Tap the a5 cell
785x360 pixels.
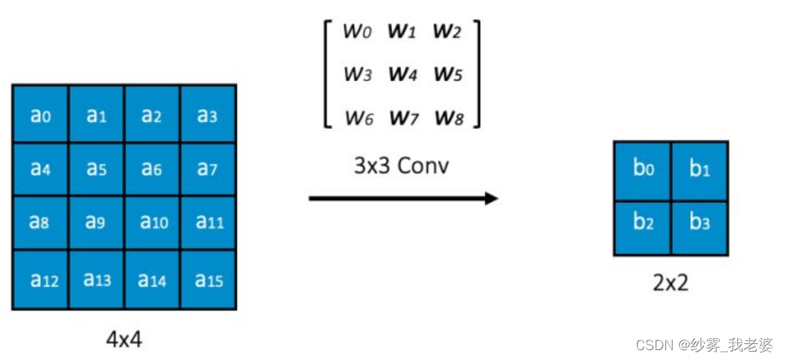click(96, 170)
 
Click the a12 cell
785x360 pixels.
click(40, 280)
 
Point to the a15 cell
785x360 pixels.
click(208, 280)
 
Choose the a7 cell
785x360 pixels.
click(208, 170)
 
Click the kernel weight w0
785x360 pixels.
click(358, 31)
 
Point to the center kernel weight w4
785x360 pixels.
click(402, 74)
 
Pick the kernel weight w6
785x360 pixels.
click(358, 117)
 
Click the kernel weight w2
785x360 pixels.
click(447, 31)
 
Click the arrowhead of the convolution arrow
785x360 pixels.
click(492, 199)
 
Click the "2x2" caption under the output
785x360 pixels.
click(670, 283)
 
